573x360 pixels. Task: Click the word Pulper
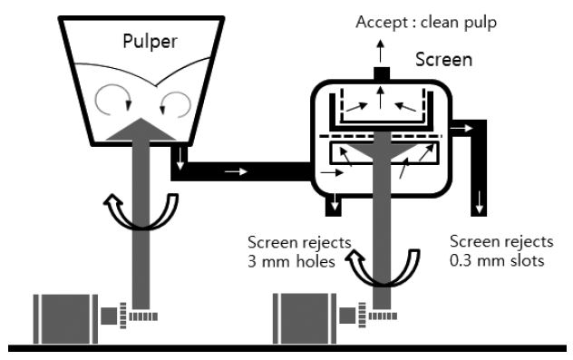pyautogui.click(x=150, y=42)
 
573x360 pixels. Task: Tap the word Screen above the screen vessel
pyautogui.click(x=443, y=60)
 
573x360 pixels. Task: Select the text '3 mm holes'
pyautogui.click(x=291, y=262)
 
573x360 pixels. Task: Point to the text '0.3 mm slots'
pyautogui.click(x=497, y=260)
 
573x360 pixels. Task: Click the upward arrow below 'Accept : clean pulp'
pyautogui.click(x=381, y=51)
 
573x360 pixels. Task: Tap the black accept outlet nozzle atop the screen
pyautogui.click(x=382, y=73)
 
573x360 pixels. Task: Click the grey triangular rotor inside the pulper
pyautogui.click(x=141, y=130)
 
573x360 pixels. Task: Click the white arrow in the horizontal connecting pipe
pyautogui.click(x=236, y=171)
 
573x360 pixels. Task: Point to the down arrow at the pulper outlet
pyautogui.click(x=180, y=159)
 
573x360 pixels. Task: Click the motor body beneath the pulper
pyautogui.click(x=65, y=318)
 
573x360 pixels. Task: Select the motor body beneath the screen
pyautogui.click(x=305, y=318)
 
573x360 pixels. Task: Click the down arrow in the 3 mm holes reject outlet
pyautogui.click(x=335, y=203)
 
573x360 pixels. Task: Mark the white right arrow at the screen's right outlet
pyautogui.click(x=461, y=128)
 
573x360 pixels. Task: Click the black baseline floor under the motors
pyautogui.click(x=287, y=348)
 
